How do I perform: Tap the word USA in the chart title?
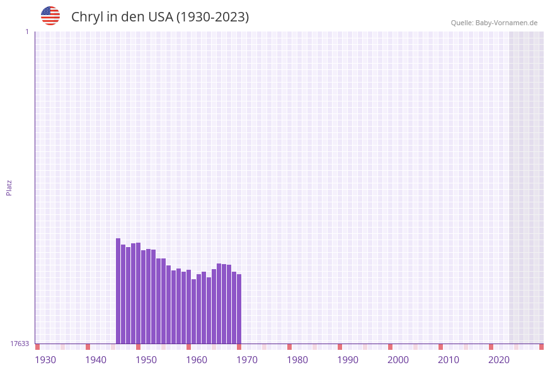161,17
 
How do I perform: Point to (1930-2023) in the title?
212,17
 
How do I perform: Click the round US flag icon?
50,16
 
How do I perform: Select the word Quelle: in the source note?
462,23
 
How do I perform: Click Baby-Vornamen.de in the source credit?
507,23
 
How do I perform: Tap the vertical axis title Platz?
9,187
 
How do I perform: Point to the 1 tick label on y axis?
26,32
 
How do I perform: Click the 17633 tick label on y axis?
20,344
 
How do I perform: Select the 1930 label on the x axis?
45,360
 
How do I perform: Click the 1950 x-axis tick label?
146,360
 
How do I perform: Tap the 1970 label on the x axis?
247,360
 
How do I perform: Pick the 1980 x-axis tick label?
297,360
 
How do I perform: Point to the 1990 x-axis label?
348,360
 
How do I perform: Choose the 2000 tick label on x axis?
398,360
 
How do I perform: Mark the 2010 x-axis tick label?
449,360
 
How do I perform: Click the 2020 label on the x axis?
499,360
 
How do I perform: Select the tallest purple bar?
118,291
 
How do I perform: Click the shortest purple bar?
194,311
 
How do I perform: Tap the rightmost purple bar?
239,309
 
